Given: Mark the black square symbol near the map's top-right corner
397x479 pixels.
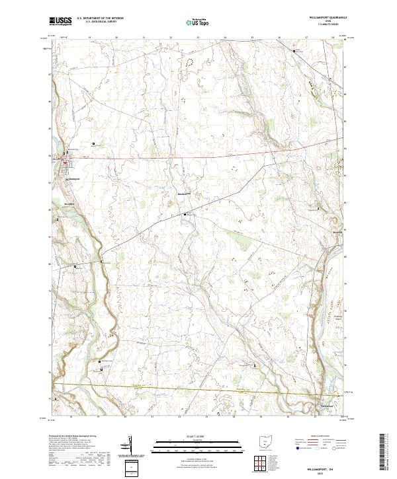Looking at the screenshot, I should (294, 50).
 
